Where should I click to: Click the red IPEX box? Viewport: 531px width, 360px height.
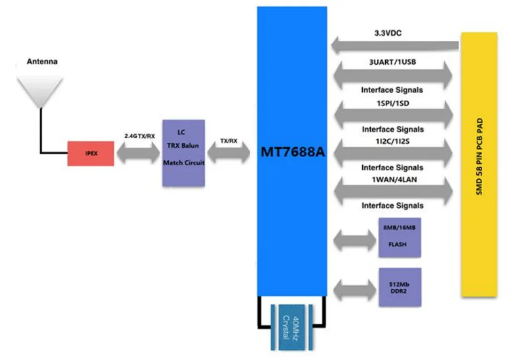tap(91, 154)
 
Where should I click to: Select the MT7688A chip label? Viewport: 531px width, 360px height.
tap(293, 152)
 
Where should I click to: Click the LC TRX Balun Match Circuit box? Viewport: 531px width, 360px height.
tap(183, 153)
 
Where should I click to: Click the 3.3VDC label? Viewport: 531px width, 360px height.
tap(388, 33)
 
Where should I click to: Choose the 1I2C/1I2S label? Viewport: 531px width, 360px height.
tap(392, 140)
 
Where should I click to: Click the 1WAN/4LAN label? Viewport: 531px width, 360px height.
tap(392, 179)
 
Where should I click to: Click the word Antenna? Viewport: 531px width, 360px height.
tap(42, 62)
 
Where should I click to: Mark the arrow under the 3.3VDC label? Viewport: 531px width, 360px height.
tap(395, 46)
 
